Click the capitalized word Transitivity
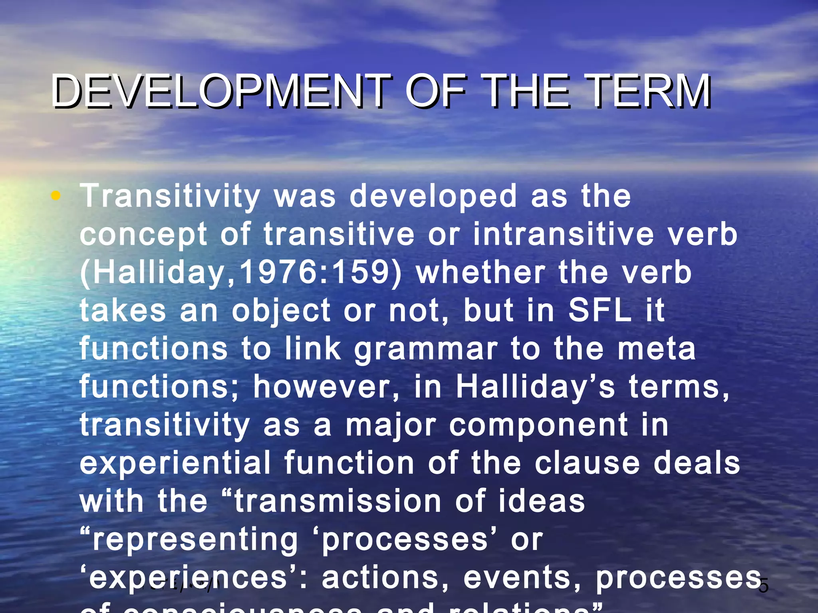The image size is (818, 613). [170, 196]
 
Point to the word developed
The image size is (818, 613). [433, 196]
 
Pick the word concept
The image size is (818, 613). [143, 235]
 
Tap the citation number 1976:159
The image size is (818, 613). [315, 272]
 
